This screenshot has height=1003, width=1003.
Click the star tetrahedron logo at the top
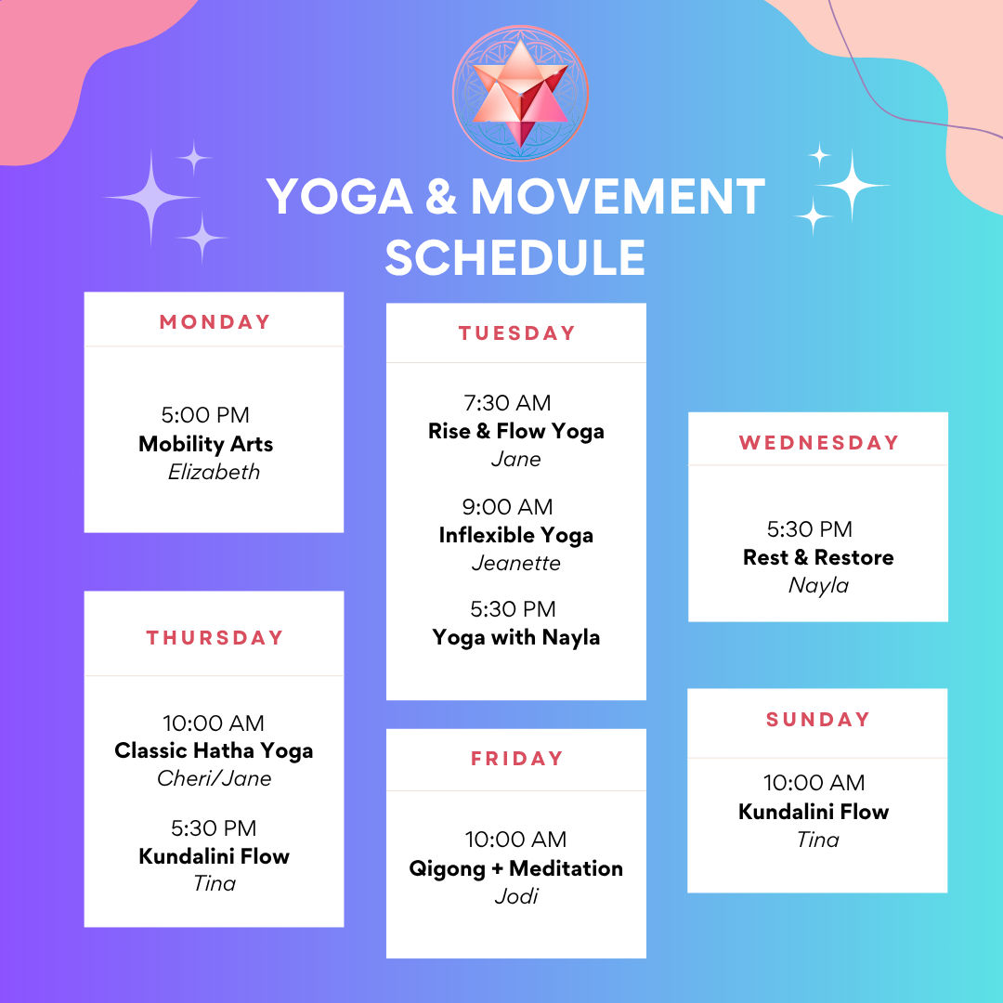tap(520, 94)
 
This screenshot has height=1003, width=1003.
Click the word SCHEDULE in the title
tap(515, 258)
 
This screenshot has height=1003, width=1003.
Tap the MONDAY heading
tap(215, 321)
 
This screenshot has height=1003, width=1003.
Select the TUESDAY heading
tap(516, 333)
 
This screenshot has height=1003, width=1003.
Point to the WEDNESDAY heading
tap(819, 443)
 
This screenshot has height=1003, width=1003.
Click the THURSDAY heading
tap(215, 638)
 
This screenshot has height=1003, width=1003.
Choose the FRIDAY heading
tap(516, 759)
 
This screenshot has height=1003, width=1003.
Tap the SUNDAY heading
tap(818, 720)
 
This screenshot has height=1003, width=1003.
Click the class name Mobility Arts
tap(205, 444)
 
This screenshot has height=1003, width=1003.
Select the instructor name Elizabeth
tap(214, 472)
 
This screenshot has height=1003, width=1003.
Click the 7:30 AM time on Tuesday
tap(507, 403)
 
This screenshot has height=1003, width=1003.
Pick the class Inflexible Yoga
tap(516, 536)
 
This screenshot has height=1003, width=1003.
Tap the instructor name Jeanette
tap(516, 563)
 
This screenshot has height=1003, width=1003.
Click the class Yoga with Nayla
tap(516, 638)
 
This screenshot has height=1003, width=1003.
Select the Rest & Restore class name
tap(818, 557)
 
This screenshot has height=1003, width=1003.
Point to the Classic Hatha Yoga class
tap(214, 751)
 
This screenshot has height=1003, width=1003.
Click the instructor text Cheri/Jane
tap(214, 778)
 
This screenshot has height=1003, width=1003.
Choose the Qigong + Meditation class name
tap(516, 868)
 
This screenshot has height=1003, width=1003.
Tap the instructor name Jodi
tap(516, 896)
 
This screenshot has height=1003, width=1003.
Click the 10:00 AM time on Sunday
tap(814, 783)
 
